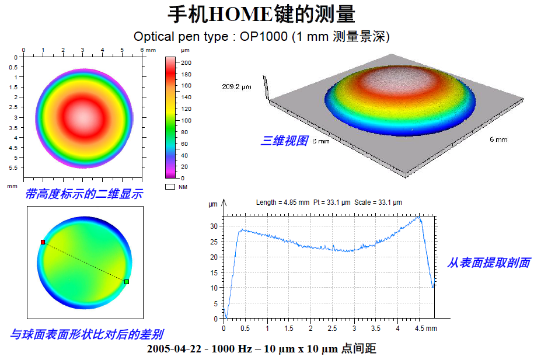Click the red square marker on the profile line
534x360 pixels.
[43, 242]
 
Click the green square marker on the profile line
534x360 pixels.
[127, 282]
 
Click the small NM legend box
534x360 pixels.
[170, 187]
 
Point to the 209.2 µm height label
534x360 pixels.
[236, 86]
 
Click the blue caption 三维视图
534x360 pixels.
[284, 141]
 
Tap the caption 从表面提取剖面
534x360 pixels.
[488, 263]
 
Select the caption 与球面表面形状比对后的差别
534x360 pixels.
[87, 334]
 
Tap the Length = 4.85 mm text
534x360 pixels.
[282, 202]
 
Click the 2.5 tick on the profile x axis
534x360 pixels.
[332, 328]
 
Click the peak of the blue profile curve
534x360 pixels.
[419, 217]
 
